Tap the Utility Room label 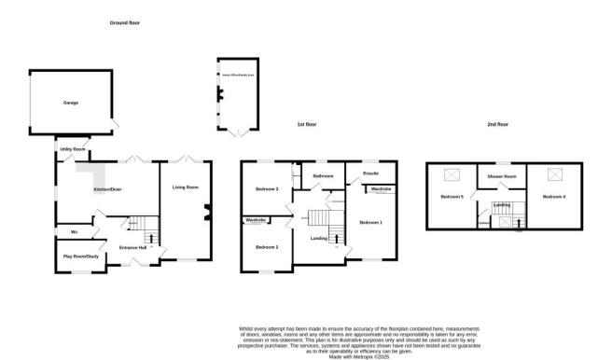(73, 149)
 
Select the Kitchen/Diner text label (107, 189)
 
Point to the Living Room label (186, 187)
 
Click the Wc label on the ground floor (73, 231)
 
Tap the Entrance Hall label (132, 247)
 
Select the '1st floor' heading (308, 124)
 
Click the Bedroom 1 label (371, 222)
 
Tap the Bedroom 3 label (268, 190)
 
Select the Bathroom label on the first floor (323, 176)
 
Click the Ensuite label (370, 173)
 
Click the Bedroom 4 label (554, 196)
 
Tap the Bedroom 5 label (452, 197)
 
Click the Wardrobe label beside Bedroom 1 (381, 189)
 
